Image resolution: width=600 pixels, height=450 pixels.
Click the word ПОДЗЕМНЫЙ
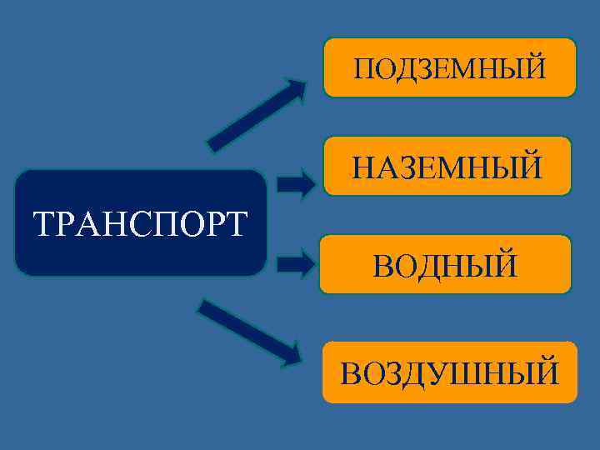[x=450, y=67]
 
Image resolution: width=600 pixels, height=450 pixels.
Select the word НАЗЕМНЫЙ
[x=447, y=166]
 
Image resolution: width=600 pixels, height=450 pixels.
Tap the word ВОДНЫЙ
[x=445, y=266]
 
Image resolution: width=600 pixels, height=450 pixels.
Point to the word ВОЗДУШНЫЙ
[x=450, y=372]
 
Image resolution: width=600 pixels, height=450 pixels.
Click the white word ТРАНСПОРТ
[x=140, y=223]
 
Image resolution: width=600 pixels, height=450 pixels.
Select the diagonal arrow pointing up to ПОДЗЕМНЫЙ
[x=256, y=114]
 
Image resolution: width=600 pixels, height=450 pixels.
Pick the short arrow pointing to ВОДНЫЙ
[x=295, y=266]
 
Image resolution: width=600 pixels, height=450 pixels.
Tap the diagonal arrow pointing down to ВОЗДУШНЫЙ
[x=249, y=332]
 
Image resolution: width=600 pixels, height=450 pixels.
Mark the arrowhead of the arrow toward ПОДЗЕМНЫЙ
[x=295, y=87]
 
